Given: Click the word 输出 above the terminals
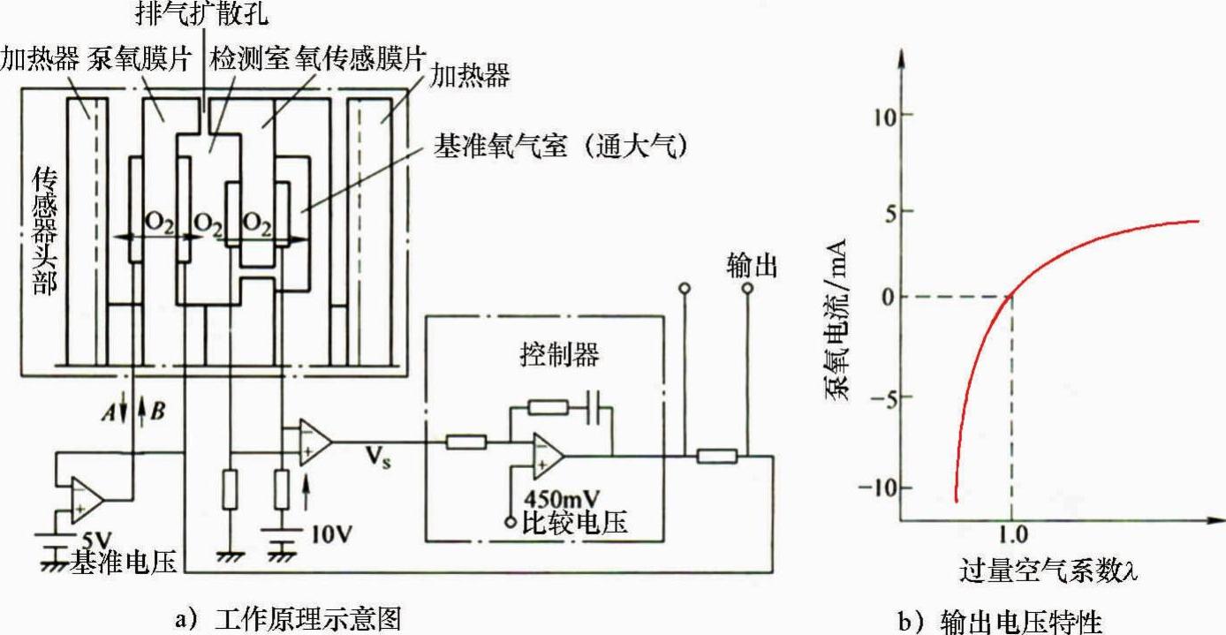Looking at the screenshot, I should pyautogui.click(x=752, y=265).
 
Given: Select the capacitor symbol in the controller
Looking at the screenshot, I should pyautogui.click(x=595, y=408).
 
